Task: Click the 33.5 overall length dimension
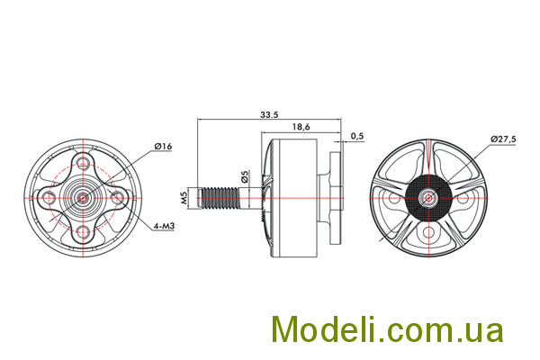click(x=269, y=114)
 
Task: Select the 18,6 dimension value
click(x=301, y=127)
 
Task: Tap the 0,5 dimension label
click(x=357, y=136)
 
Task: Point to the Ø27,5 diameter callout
click(x=503, y=139)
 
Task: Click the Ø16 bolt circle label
click(x=163, y=147)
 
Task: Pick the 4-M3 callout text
click(x=165, y=226)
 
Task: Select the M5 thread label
click(x=184, y=198)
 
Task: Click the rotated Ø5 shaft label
click(x=245, y=176)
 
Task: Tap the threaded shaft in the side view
click(x=220, y=198)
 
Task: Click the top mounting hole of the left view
click(x=83, y=162)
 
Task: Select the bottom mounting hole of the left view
click(x=83, y=231)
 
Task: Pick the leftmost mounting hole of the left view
click(x=48, y=197)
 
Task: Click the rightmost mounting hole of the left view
click(x=117, y=197)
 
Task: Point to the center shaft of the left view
click(x=83, y=197)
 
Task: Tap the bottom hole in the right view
click(x=428, y=232)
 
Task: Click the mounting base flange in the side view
click(x=337, y=198)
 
